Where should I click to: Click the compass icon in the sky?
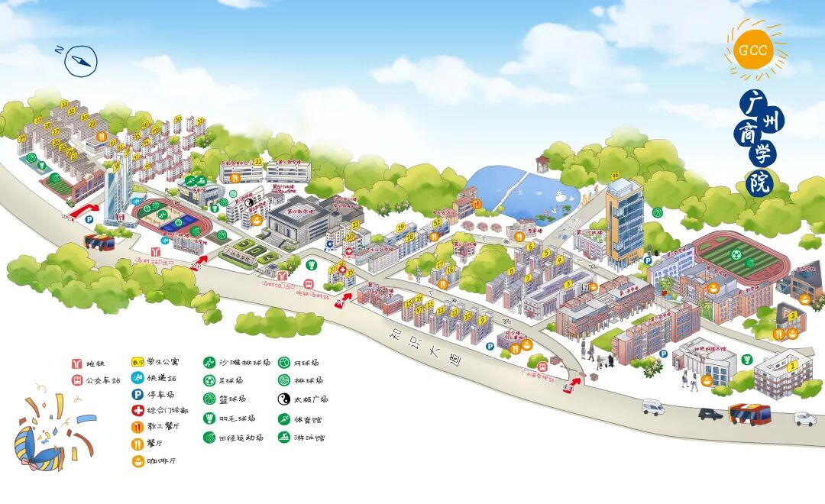81,60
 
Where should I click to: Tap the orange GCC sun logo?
754,51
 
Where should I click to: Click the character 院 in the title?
761,183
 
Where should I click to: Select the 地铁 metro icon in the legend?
76,363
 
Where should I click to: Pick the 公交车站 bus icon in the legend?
76,380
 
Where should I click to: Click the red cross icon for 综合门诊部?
137,410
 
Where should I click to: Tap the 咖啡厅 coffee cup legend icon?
137,461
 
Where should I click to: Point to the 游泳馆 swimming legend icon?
283,438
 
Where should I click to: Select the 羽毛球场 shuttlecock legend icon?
209,418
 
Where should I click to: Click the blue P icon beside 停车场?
137,395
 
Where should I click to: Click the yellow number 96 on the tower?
615,176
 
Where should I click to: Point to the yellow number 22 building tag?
258,162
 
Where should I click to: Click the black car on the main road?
710,414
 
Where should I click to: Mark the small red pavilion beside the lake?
542,163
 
